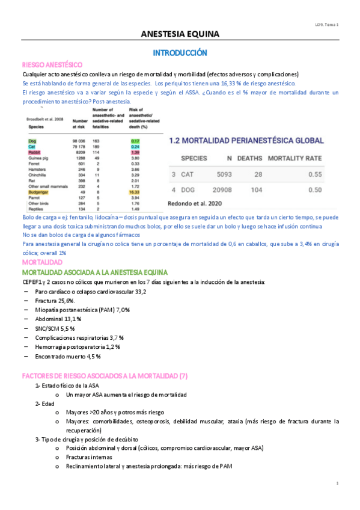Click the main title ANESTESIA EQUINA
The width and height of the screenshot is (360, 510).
(x=180, y=34)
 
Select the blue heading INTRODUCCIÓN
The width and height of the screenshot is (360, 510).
(x=180, y=53)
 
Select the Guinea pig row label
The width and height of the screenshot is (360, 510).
(x=37, y=158)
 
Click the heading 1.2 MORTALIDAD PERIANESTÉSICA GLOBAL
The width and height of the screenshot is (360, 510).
(x=246, y=140)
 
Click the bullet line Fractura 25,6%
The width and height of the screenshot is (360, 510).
(x=55, y=300)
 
